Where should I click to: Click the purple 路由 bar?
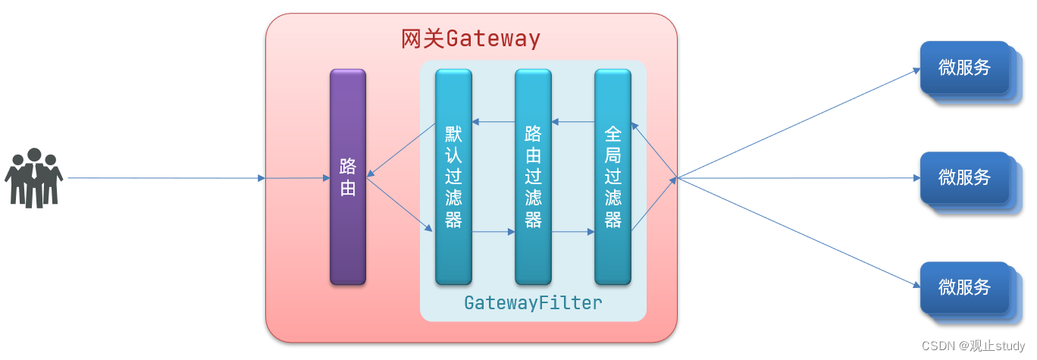tap(348, 177)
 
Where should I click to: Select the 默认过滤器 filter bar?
tap(453, 177)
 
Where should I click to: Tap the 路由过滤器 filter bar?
tap(533, 177)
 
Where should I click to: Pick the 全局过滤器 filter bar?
tap(612, 177)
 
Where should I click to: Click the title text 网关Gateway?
tap(471, 39)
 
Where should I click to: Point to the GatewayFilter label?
tap(533, 303)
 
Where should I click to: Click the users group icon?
tap(33, 178)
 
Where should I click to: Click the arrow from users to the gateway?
tap(167, 178)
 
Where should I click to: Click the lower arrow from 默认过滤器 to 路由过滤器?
tap(493, 233)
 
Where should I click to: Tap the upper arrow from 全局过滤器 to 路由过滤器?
tap(573, 121)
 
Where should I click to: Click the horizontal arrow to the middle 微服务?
tap(796, 178)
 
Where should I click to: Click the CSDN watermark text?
tap(973, 346)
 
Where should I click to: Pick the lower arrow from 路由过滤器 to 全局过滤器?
tap(573, 233)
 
